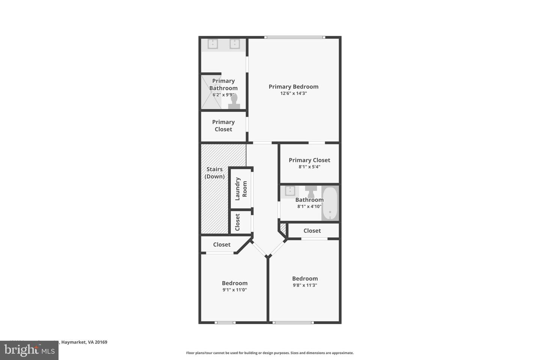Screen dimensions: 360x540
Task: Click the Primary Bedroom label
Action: [293, 87]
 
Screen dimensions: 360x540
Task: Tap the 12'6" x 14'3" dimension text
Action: [293, 93]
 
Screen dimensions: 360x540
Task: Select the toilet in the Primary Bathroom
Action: [234, 102]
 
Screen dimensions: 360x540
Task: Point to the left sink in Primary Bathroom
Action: [213, 44]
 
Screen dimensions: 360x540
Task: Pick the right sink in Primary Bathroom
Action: [235, 44]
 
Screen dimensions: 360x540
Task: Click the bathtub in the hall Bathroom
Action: [330, 203]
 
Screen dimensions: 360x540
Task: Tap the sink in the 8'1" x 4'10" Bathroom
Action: [290, 191]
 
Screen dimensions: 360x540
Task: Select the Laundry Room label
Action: [241, 189]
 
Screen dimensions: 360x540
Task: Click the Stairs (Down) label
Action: [214, 173]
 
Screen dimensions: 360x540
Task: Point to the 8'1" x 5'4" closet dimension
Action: [309, 167]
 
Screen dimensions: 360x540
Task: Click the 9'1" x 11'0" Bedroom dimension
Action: [234, 290]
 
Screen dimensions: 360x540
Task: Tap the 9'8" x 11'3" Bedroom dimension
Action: [305, 285]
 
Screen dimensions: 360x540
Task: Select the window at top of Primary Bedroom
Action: [294, 37]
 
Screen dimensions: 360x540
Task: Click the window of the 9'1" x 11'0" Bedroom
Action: [225, 322]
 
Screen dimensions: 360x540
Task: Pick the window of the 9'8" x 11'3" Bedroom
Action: [292, 322]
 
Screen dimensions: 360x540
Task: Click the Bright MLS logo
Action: [29, 350]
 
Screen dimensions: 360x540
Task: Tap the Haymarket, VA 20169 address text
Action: [84, 342]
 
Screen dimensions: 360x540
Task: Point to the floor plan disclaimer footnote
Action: [270, 353]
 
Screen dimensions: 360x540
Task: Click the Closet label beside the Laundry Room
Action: [237, 222]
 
